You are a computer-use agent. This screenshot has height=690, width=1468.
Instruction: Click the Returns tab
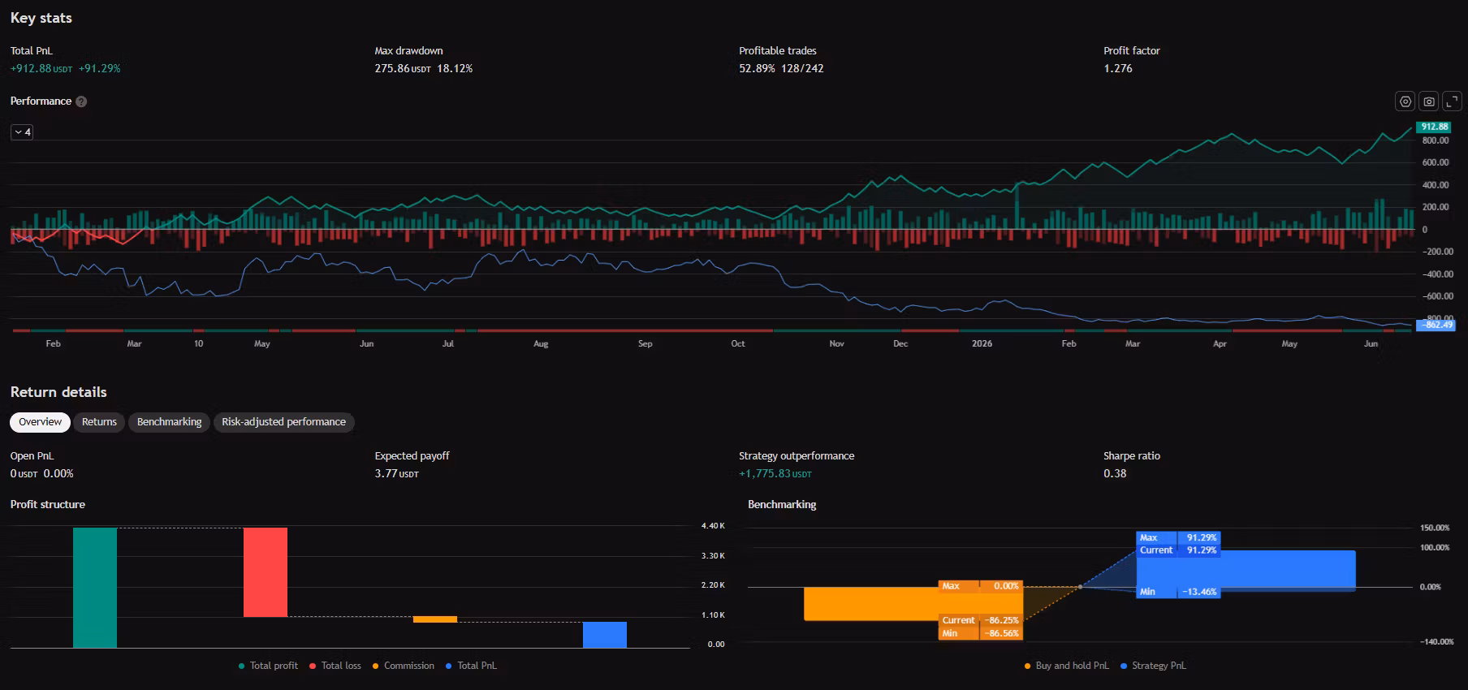coord(99,422)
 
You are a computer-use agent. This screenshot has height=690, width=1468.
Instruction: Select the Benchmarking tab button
coord(169,422)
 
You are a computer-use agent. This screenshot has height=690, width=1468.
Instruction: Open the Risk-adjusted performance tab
coord(283,422)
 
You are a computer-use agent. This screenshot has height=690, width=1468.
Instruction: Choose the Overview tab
coord(40,422)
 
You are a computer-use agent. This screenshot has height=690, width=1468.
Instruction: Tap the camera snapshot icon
coord(1429,101)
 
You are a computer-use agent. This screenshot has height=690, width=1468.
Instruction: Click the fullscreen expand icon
coord(1452,101)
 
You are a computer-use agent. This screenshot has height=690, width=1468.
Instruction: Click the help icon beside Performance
coord(81,101)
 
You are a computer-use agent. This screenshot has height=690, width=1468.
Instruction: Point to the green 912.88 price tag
coord(1434,127)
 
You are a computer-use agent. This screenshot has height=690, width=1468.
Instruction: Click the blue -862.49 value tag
coord(1436,325)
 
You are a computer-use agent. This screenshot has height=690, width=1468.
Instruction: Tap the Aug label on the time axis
coord(541,344)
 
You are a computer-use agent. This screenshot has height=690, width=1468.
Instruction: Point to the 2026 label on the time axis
coord(982,344)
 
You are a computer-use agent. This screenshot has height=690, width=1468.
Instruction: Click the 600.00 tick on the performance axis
coord(1436,162)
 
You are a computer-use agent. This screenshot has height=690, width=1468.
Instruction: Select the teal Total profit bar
coord(95,588)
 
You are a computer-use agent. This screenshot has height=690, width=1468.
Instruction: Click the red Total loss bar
coord(266,572)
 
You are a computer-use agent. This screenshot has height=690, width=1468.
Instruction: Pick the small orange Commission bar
coord(435,619)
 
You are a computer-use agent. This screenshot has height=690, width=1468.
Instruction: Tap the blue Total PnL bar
coord(605,635)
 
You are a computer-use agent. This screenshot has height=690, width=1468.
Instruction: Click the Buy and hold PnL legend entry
coord(1067,666)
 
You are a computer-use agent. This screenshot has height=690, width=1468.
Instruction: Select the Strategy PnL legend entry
coord(1153,666)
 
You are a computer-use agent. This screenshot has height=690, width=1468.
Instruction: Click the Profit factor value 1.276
coord(1118,69)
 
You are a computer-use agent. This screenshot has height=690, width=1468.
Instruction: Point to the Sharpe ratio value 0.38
coord(1115,473)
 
